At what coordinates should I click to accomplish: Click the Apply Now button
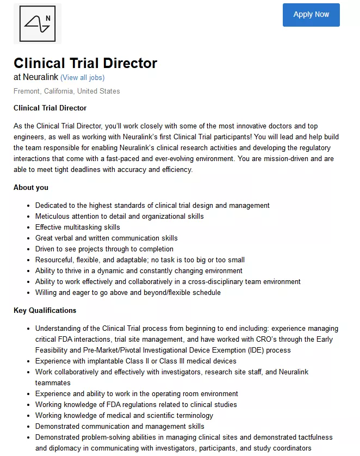(311, 15)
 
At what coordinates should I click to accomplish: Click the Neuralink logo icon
(38, 24)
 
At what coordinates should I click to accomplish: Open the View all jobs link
(82, 78)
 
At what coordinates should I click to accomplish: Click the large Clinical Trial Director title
(85, 63)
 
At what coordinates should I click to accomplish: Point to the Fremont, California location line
(67, 91)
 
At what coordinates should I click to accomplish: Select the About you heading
(31, 188)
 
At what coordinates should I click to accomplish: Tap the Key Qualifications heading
(45, 311)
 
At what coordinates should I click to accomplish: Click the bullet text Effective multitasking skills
(78, 227)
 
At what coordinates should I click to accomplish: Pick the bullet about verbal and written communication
(106, 238)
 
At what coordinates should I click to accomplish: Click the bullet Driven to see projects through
(104, 249)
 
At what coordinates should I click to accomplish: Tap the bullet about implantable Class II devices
(135, 361)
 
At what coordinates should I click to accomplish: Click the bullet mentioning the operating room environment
(136, 394)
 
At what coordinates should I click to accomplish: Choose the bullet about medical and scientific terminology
(124, 416)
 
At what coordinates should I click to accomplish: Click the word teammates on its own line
(53, 383)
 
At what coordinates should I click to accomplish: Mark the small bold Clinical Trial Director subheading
(50, 108)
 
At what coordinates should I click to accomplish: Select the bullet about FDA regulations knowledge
(136, 405)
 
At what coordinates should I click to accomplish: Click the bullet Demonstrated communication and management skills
(120, 427)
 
